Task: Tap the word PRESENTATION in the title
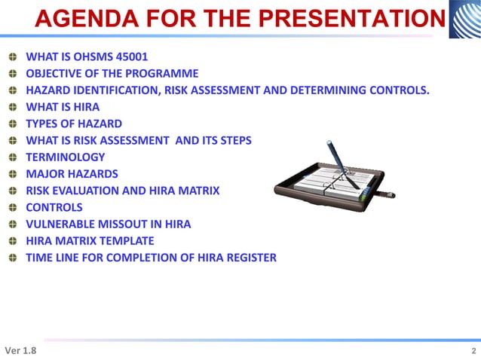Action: pos(354,20)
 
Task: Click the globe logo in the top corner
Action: pos(464,20)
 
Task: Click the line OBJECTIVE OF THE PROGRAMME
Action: pos(112,74)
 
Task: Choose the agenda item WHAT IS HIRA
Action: pos(63,107)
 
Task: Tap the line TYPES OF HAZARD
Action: pos(74,124)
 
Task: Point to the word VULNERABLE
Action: pos(61,224)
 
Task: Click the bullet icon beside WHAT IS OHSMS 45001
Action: pos(11,57)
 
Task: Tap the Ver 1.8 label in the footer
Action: pos(20,351)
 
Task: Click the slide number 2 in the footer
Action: pos(473,352)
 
